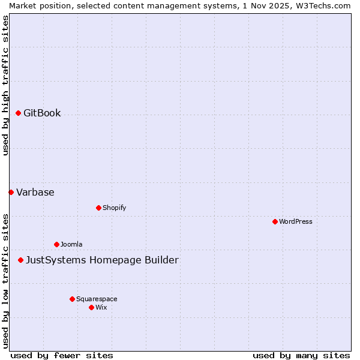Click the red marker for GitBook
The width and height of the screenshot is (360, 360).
[x=18, y=113]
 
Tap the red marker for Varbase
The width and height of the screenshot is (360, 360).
[x=11, y=192]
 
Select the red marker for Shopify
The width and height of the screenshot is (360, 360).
[x=98, y=208]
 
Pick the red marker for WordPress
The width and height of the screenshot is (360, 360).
[x=275, y=221]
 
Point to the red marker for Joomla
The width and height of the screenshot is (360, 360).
[x=56, y=244]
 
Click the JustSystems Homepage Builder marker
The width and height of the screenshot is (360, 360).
[x=20, y=260]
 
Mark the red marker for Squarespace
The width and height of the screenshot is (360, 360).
[x=72, y=299]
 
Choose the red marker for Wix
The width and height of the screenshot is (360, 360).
[x=91, y=307]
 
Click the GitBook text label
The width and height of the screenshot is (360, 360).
[x=42, y=113]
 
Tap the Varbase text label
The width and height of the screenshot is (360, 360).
[x=35, y=193]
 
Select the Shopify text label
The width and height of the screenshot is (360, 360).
[x=114, y=208]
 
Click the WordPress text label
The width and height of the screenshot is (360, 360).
[x=296, y=222]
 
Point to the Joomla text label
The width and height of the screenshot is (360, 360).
[x=71, y=245]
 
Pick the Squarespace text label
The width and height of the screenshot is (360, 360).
[x=97, y=299]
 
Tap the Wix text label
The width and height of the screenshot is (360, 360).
[x=101, y=308]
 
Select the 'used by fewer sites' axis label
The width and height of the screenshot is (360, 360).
[x=62, y=355]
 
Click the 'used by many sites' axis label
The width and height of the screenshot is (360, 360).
[x=301, y=355]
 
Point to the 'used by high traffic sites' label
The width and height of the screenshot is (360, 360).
[x=5, y=85]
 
